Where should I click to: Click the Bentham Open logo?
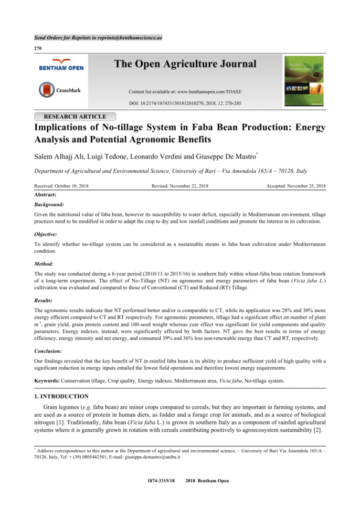[x=61, y=67]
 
